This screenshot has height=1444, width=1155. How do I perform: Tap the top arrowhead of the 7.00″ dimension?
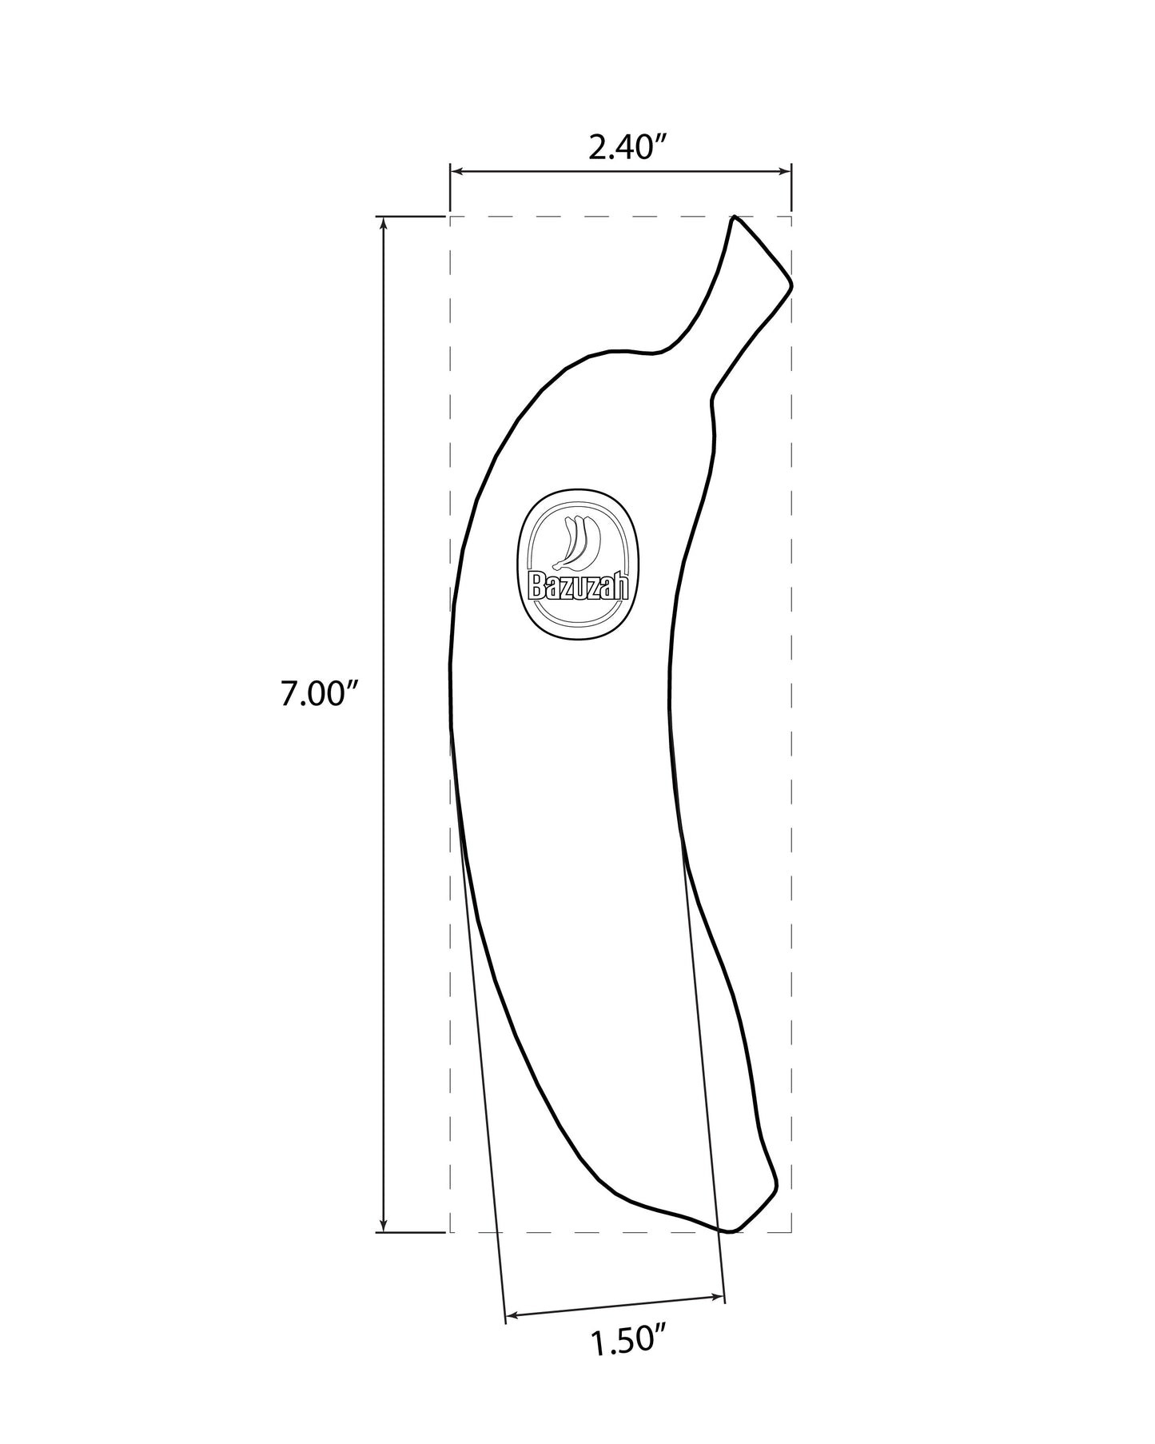click(x=384, y=223)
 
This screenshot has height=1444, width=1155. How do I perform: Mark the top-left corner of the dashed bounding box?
click(x=451, y=216)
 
